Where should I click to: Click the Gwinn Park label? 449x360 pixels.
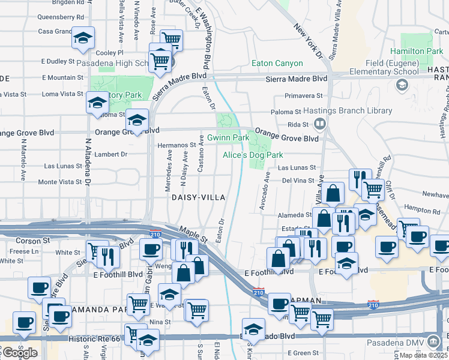(x=228, y=138)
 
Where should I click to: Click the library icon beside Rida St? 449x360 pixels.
(x=320, y=124)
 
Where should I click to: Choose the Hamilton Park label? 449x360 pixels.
(x=416, y=52)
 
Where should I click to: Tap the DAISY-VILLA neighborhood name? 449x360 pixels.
(x=199, y=197)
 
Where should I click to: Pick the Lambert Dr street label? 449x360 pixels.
(x=109, y=154)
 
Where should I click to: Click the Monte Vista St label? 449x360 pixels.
(x=59, y=182)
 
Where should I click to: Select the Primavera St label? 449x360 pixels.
(x=304, y=95)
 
